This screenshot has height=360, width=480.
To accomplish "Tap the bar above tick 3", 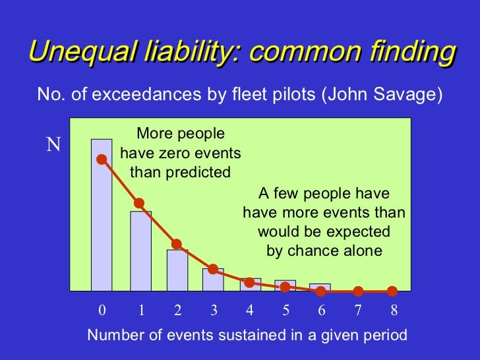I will coord(213,280).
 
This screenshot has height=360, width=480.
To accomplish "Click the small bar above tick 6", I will coord(320,287).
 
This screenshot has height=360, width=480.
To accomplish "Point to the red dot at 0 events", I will coord(102,159).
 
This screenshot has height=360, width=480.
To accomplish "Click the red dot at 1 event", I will coord(139,203).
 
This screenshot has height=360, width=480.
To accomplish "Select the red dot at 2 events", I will coord(176,244).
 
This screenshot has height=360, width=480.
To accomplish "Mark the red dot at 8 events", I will coord(392,291).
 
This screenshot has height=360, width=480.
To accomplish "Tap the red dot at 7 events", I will coord(358,291).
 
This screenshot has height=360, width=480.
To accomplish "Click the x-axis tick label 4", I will coord(249,310).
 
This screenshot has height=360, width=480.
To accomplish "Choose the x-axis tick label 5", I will coord(285,310).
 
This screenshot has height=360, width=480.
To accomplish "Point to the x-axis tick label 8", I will coord(394,310).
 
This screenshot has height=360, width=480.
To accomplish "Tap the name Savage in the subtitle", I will coord(409,95).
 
